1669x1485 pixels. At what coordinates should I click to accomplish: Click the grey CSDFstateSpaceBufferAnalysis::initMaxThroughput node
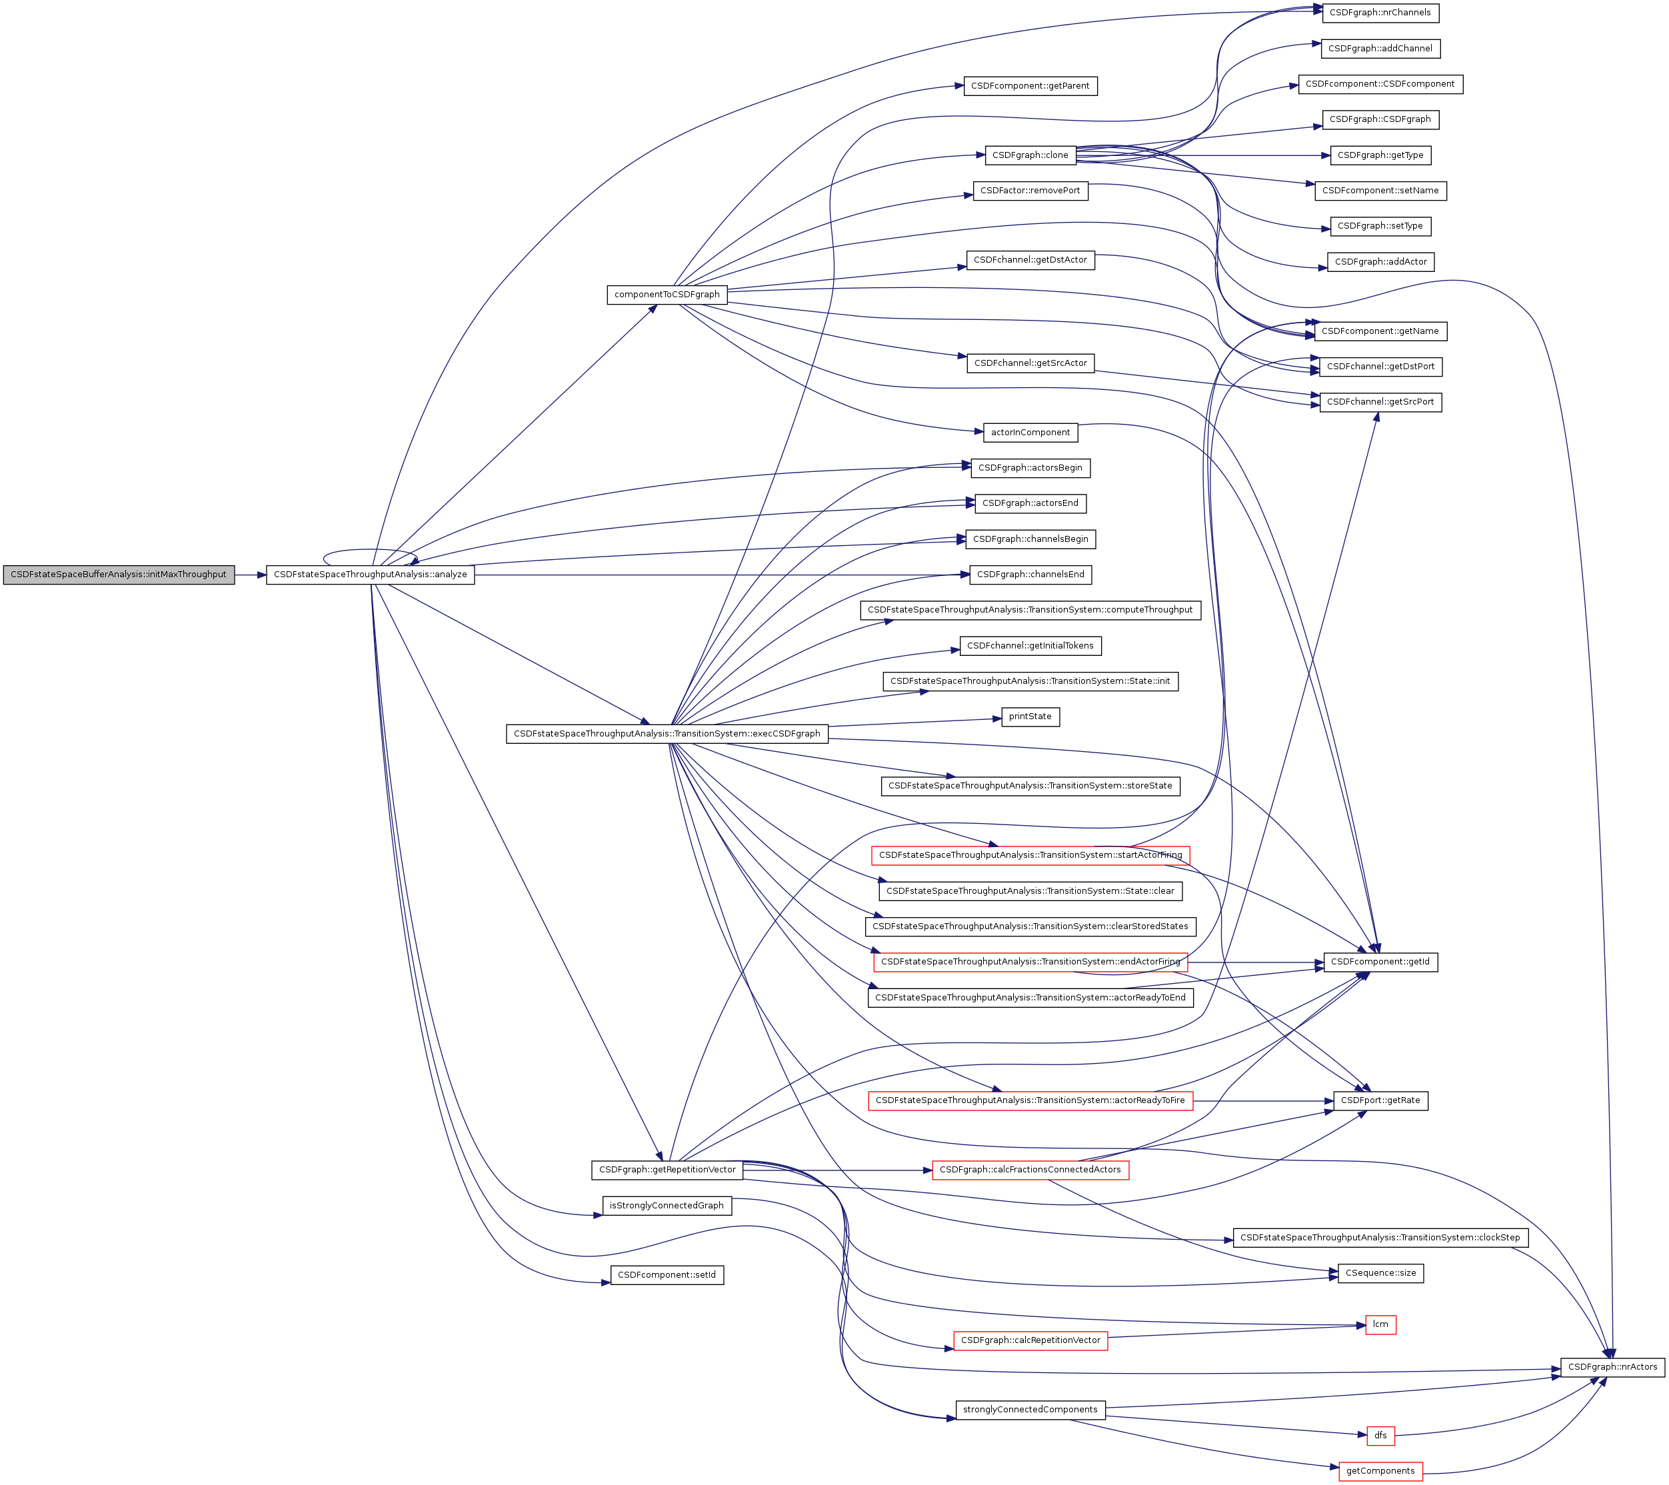point(119,575)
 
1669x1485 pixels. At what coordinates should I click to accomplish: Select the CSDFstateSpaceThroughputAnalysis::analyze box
point(370,575)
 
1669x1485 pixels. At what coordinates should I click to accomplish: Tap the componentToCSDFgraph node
point(667,295)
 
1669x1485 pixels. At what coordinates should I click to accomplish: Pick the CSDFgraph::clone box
point(1030,155)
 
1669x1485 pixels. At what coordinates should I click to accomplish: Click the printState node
point(1030,717)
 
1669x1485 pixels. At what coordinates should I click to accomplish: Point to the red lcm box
point(1380,1324)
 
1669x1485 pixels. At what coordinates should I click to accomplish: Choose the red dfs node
point(1380,1435)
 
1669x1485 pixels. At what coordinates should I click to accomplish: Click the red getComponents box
point(1380,1471)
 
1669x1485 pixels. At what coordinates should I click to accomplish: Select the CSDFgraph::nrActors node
point(1612,1366)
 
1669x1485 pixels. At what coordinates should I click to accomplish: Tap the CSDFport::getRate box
point(1380,1100)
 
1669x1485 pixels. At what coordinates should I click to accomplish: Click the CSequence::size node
point(1380,1273)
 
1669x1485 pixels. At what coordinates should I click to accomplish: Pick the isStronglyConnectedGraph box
point(667,1206)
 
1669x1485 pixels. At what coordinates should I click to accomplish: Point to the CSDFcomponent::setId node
point(667,1275)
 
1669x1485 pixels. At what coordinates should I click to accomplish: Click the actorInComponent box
point(1030,433)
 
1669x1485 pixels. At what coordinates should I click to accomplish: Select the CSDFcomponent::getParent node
point(1030,86)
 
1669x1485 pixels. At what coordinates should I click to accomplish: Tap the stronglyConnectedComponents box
point(1030,1410)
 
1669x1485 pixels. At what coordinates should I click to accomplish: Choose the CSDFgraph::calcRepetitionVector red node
point(1030,1340)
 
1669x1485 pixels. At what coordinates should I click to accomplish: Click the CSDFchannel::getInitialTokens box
point(1030,646)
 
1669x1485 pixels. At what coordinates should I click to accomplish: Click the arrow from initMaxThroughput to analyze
point(250,575)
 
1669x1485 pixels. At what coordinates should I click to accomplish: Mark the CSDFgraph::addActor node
point(1380,262)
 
